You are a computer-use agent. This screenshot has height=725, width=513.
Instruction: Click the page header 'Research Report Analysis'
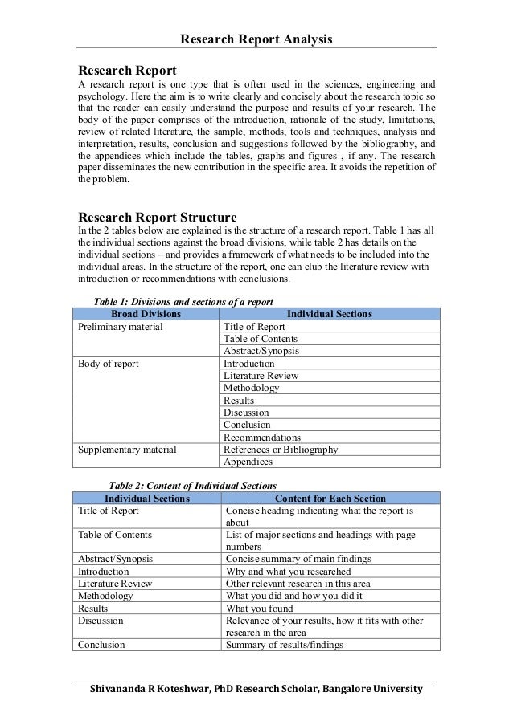pyautogui.click(x=256, y=39)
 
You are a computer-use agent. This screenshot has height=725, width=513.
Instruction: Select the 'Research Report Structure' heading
pyautogui.click(x=156, y=218)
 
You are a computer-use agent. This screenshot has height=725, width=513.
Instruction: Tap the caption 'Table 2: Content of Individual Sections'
pyautogui.click(x=192, y=486)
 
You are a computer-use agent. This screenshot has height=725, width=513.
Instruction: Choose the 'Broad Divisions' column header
pyautogui.click(x=146, y=314)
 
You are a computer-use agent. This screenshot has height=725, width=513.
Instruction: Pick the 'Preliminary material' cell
pyautogui.click(x=120, y=327)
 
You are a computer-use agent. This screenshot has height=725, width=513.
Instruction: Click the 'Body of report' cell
pyautogui.click(x=108, y=364)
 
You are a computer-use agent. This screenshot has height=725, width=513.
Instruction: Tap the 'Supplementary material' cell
pyautogui.click(x=126, y=450)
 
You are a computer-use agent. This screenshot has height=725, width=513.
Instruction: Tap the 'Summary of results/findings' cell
pyautogui.click(x=285, y=645)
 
